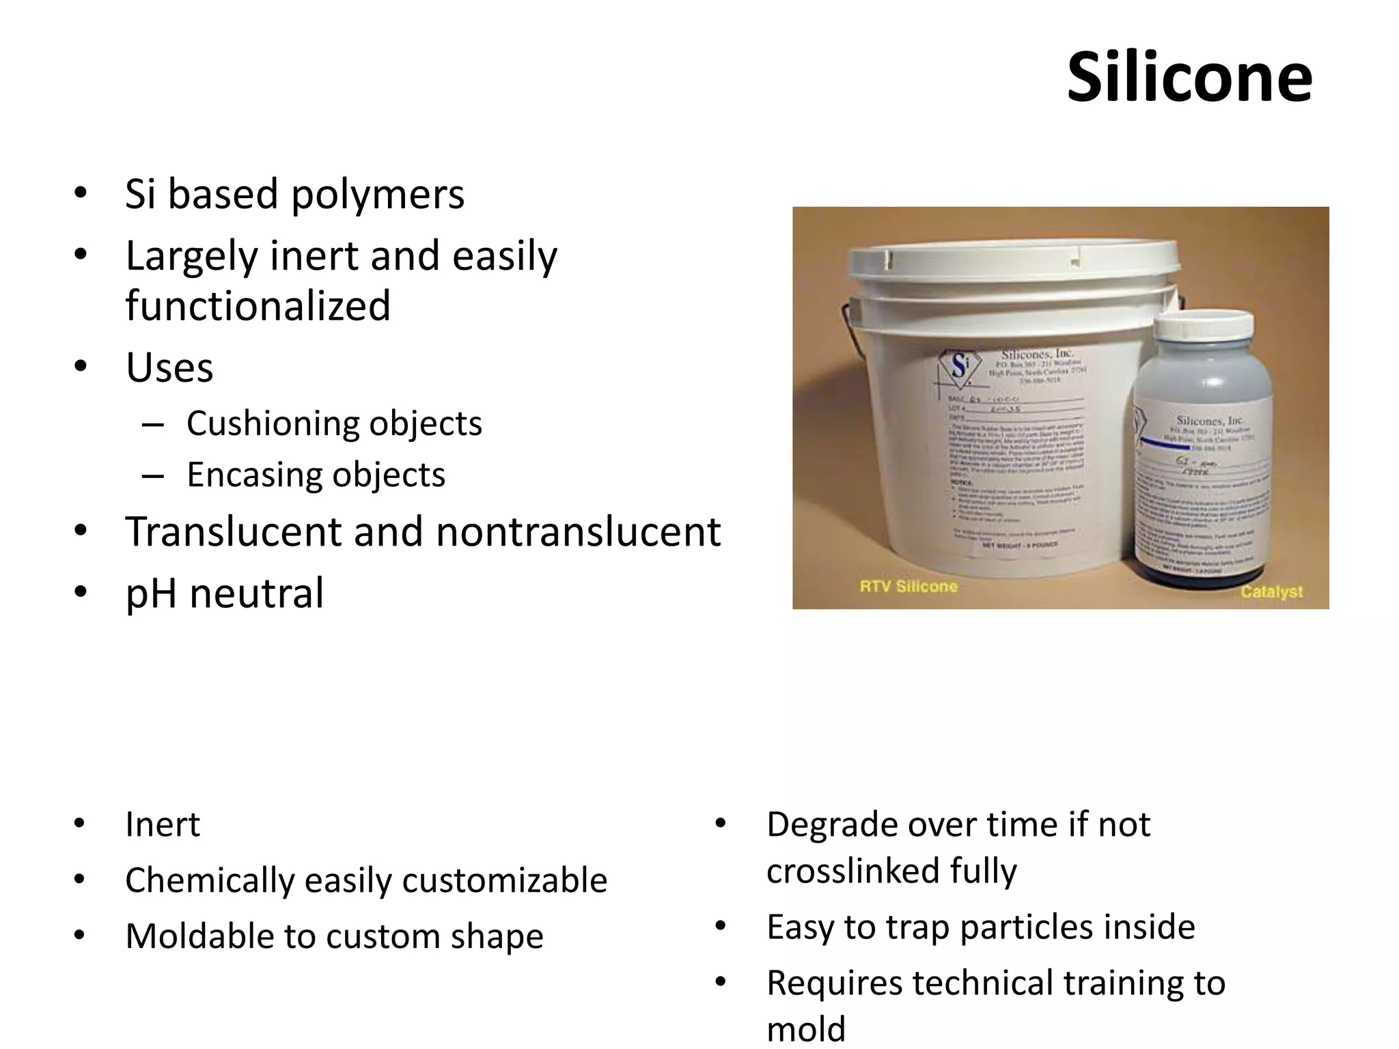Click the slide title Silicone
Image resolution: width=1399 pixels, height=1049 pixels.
[x=1189, y=77]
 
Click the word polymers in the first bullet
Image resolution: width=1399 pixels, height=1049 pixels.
[x=377, y=194]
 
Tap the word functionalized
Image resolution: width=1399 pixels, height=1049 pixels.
[x=258, y=305]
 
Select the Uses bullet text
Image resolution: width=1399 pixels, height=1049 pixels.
[x=169, y=367]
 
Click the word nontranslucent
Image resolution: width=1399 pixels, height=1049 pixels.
[x=578, y=531]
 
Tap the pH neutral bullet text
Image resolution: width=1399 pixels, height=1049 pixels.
[x=224, y=593]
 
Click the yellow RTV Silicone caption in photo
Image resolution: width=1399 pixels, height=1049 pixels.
[x=908, y=586]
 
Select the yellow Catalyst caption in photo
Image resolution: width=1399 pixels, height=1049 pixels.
[x=1271, y=591]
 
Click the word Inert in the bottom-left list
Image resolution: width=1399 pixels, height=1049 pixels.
[x=163, y=824]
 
